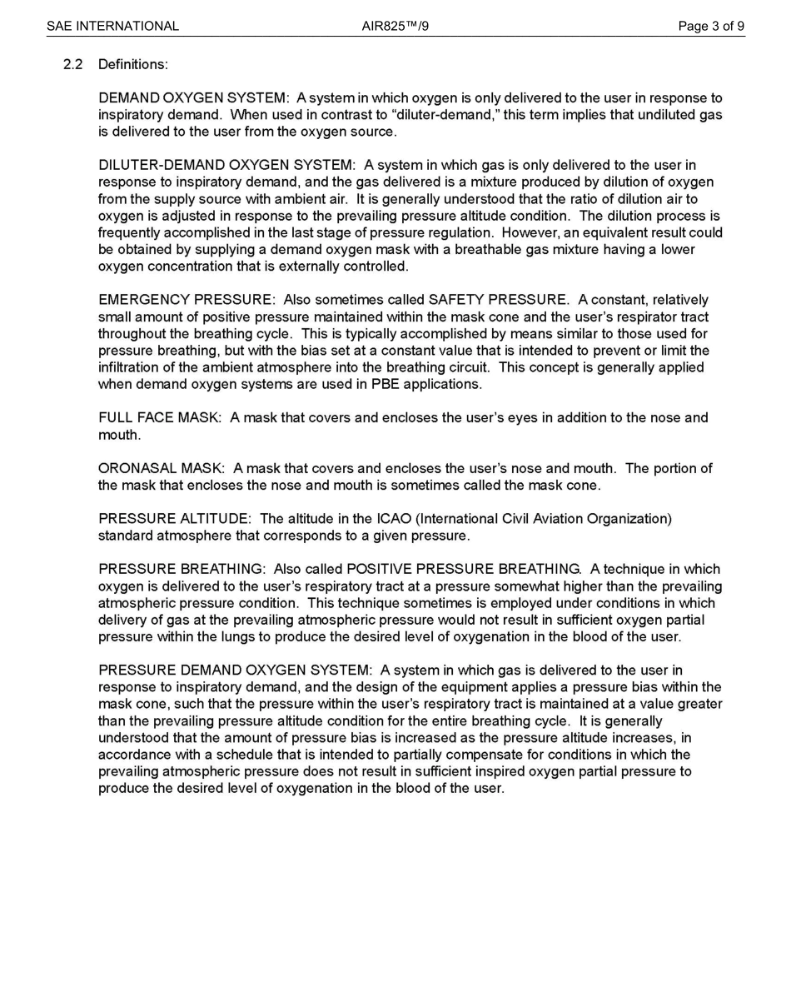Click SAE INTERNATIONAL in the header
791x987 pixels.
pos(112,26)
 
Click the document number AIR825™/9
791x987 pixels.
pos(395,26)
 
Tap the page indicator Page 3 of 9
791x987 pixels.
pos(711,26)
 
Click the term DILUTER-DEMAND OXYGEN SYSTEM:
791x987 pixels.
pos(227,166)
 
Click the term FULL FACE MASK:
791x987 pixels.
pos(160,418)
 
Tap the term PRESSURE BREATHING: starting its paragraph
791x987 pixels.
pos(182,570)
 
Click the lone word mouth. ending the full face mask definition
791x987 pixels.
pos(119,435)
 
